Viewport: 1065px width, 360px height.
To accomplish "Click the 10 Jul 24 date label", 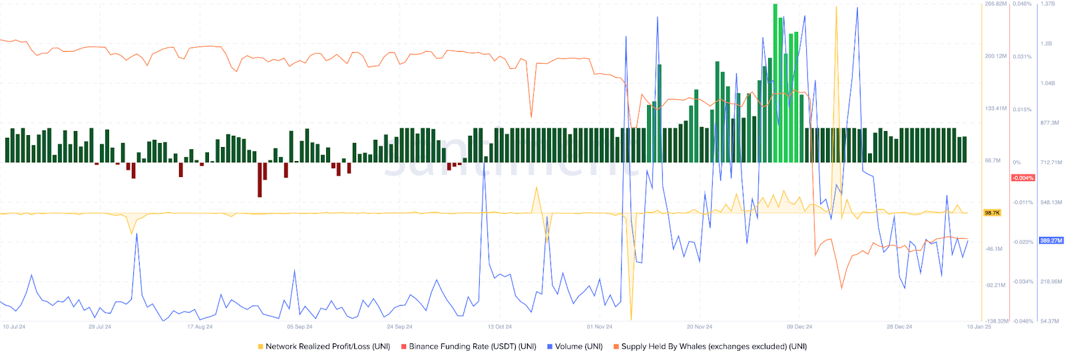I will [x=14, y=327].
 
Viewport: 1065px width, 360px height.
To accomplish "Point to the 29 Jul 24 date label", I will [x=100, y=327].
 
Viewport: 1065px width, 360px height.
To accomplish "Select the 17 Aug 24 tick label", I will [x=200, y=327].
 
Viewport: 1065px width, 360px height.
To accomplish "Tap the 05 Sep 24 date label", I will [x=300, y=327].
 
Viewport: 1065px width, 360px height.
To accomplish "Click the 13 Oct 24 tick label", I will [x=499, y=327].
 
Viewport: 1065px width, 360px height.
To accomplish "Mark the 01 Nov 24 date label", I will [x=599, y=327].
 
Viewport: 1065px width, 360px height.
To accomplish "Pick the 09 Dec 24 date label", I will [x=799, y=327].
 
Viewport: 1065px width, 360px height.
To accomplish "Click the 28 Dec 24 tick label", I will [x=899, y=327].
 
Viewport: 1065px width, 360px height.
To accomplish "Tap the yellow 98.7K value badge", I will [x=992, y=213].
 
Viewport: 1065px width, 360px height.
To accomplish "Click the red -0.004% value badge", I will [x=1022, y=178].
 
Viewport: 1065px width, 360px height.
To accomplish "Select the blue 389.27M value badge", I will [x=1051, y=240].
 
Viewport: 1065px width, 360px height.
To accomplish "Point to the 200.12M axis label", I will [x=996, y=56].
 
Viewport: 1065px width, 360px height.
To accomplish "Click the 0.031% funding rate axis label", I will [x=1022, y=57].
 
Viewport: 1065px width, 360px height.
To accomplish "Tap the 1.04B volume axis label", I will [x=1047, y=83].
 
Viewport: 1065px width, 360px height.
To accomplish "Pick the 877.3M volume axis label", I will [x=1049, y=123].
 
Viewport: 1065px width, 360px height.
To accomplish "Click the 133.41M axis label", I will [x=996, y=108].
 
